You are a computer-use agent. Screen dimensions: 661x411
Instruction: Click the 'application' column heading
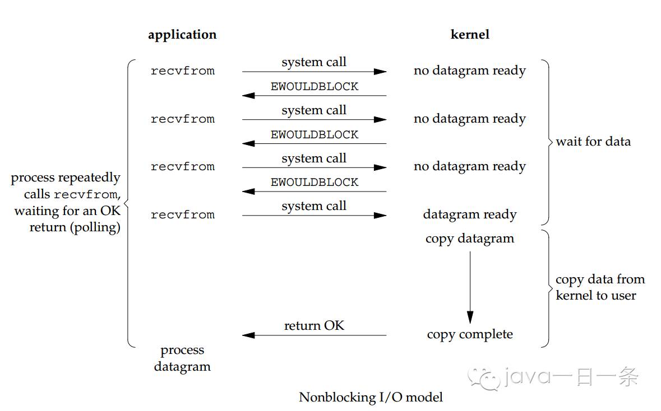[182, 35]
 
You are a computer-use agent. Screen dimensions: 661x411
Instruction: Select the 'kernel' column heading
[470, 34]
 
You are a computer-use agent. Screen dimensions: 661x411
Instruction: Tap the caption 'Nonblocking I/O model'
[371, 397]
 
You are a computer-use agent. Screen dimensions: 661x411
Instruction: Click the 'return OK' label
[314, 325]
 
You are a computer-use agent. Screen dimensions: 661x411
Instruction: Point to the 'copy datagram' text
[470, 239]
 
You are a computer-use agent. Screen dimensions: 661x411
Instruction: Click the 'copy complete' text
[470, 334]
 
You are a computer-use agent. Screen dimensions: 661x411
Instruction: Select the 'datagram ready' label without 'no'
[470, 215]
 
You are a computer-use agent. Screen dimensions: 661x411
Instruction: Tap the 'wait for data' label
[593, 142]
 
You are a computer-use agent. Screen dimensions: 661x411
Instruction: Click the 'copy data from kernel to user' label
[600, 287]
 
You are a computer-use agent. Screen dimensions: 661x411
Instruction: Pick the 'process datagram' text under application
[182, 358]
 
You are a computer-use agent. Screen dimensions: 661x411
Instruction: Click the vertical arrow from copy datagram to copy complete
[470, 288]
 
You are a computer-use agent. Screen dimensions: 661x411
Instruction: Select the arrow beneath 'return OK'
[314, 335]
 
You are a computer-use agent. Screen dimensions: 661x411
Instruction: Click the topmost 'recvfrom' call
[183, 71]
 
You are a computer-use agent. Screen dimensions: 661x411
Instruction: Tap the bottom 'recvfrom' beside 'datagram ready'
[183, 215]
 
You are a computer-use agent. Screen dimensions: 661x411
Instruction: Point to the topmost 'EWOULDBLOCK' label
[315, 86]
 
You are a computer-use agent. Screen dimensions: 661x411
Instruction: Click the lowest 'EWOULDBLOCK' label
[315, 183]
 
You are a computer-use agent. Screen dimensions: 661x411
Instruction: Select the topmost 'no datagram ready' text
[470, 71]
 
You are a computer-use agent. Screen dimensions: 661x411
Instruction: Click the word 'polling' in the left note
[95, 227]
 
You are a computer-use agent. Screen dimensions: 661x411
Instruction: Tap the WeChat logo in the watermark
[483, 377]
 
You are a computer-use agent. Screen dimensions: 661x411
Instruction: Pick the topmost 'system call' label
[314, 62]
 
